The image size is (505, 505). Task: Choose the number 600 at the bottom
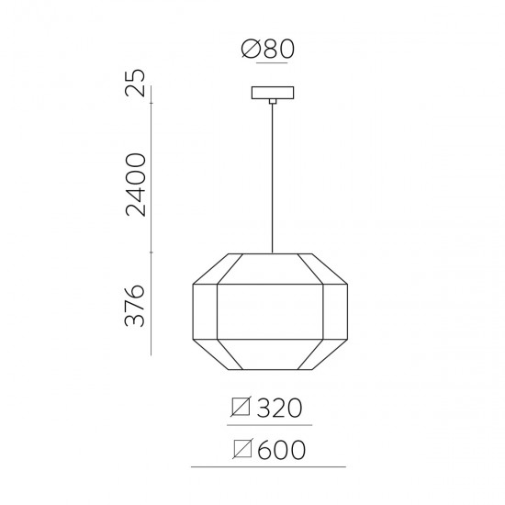coord(282,450)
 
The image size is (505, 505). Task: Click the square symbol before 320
coord(243,407)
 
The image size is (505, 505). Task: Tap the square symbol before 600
coord(243,450)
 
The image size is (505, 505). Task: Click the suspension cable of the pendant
coord(272,174)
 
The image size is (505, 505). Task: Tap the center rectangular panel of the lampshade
coord(272,315)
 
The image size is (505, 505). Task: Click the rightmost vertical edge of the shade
coord(352,315)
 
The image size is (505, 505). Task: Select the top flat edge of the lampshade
coord(272,252)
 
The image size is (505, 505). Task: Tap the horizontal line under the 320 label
coord(271,425)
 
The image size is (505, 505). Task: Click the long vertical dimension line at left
coord(152,220)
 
